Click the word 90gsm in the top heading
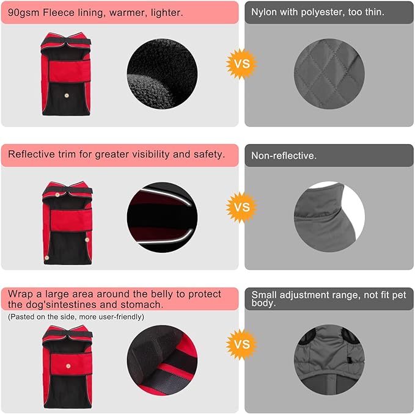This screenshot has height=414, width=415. [x=24, y=13]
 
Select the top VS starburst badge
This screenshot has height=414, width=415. [x=241, y=64]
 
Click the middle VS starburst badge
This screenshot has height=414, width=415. [x=241, y=207]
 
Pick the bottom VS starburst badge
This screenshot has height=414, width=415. [x=241, y=344]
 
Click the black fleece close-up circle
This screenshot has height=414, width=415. [x=162, y=74]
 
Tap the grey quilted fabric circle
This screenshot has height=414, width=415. [x=329, y=74]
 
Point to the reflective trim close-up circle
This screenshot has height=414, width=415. [x=162, y=217]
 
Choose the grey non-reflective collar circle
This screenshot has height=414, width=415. [x=329, y=217]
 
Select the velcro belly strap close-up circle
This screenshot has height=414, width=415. [x=162, y=360]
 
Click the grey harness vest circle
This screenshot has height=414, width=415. [x=329, y=360]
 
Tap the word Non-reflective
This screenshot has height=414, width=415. [x=284, y=156]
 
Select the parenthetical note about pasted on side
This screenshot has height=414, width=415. [x=76, y=317]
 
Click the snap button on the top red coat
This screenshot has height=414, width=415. [x=67, y=95]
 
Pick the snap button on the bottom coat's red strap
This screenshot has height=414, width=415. [x=68, y=366]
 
